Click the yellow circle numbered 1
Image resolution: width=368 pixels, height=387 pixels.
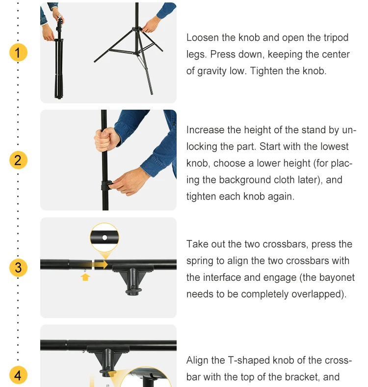tap(18, 52)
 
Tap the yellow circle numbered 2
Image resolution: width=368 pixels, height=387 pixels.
tap(18, 160)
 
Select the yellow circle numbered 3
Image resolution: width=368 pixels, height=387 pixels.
tap(18, 268)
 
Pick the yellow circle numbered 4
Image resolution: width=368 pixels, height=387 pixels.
tap(18, 375)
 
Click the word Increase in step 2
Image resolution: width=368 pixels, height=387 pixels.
tap(205, 130)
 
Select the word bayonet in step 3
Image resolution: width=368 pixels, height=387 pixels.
tap(337, 277)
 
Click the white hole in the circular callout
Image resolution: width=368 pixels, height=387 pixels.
tap(105, 238)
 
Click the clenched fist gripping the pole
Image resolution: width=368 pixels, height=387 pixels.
tap(105, 139)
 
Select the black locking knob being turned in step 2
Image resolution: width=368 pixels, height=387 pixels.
tap(107, 185)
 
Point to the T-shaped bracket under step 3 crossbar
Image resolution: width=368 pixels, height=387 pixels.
tap(133, 279)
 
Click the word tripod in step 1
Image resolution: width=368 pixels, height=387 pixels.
tap(336, 38)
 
